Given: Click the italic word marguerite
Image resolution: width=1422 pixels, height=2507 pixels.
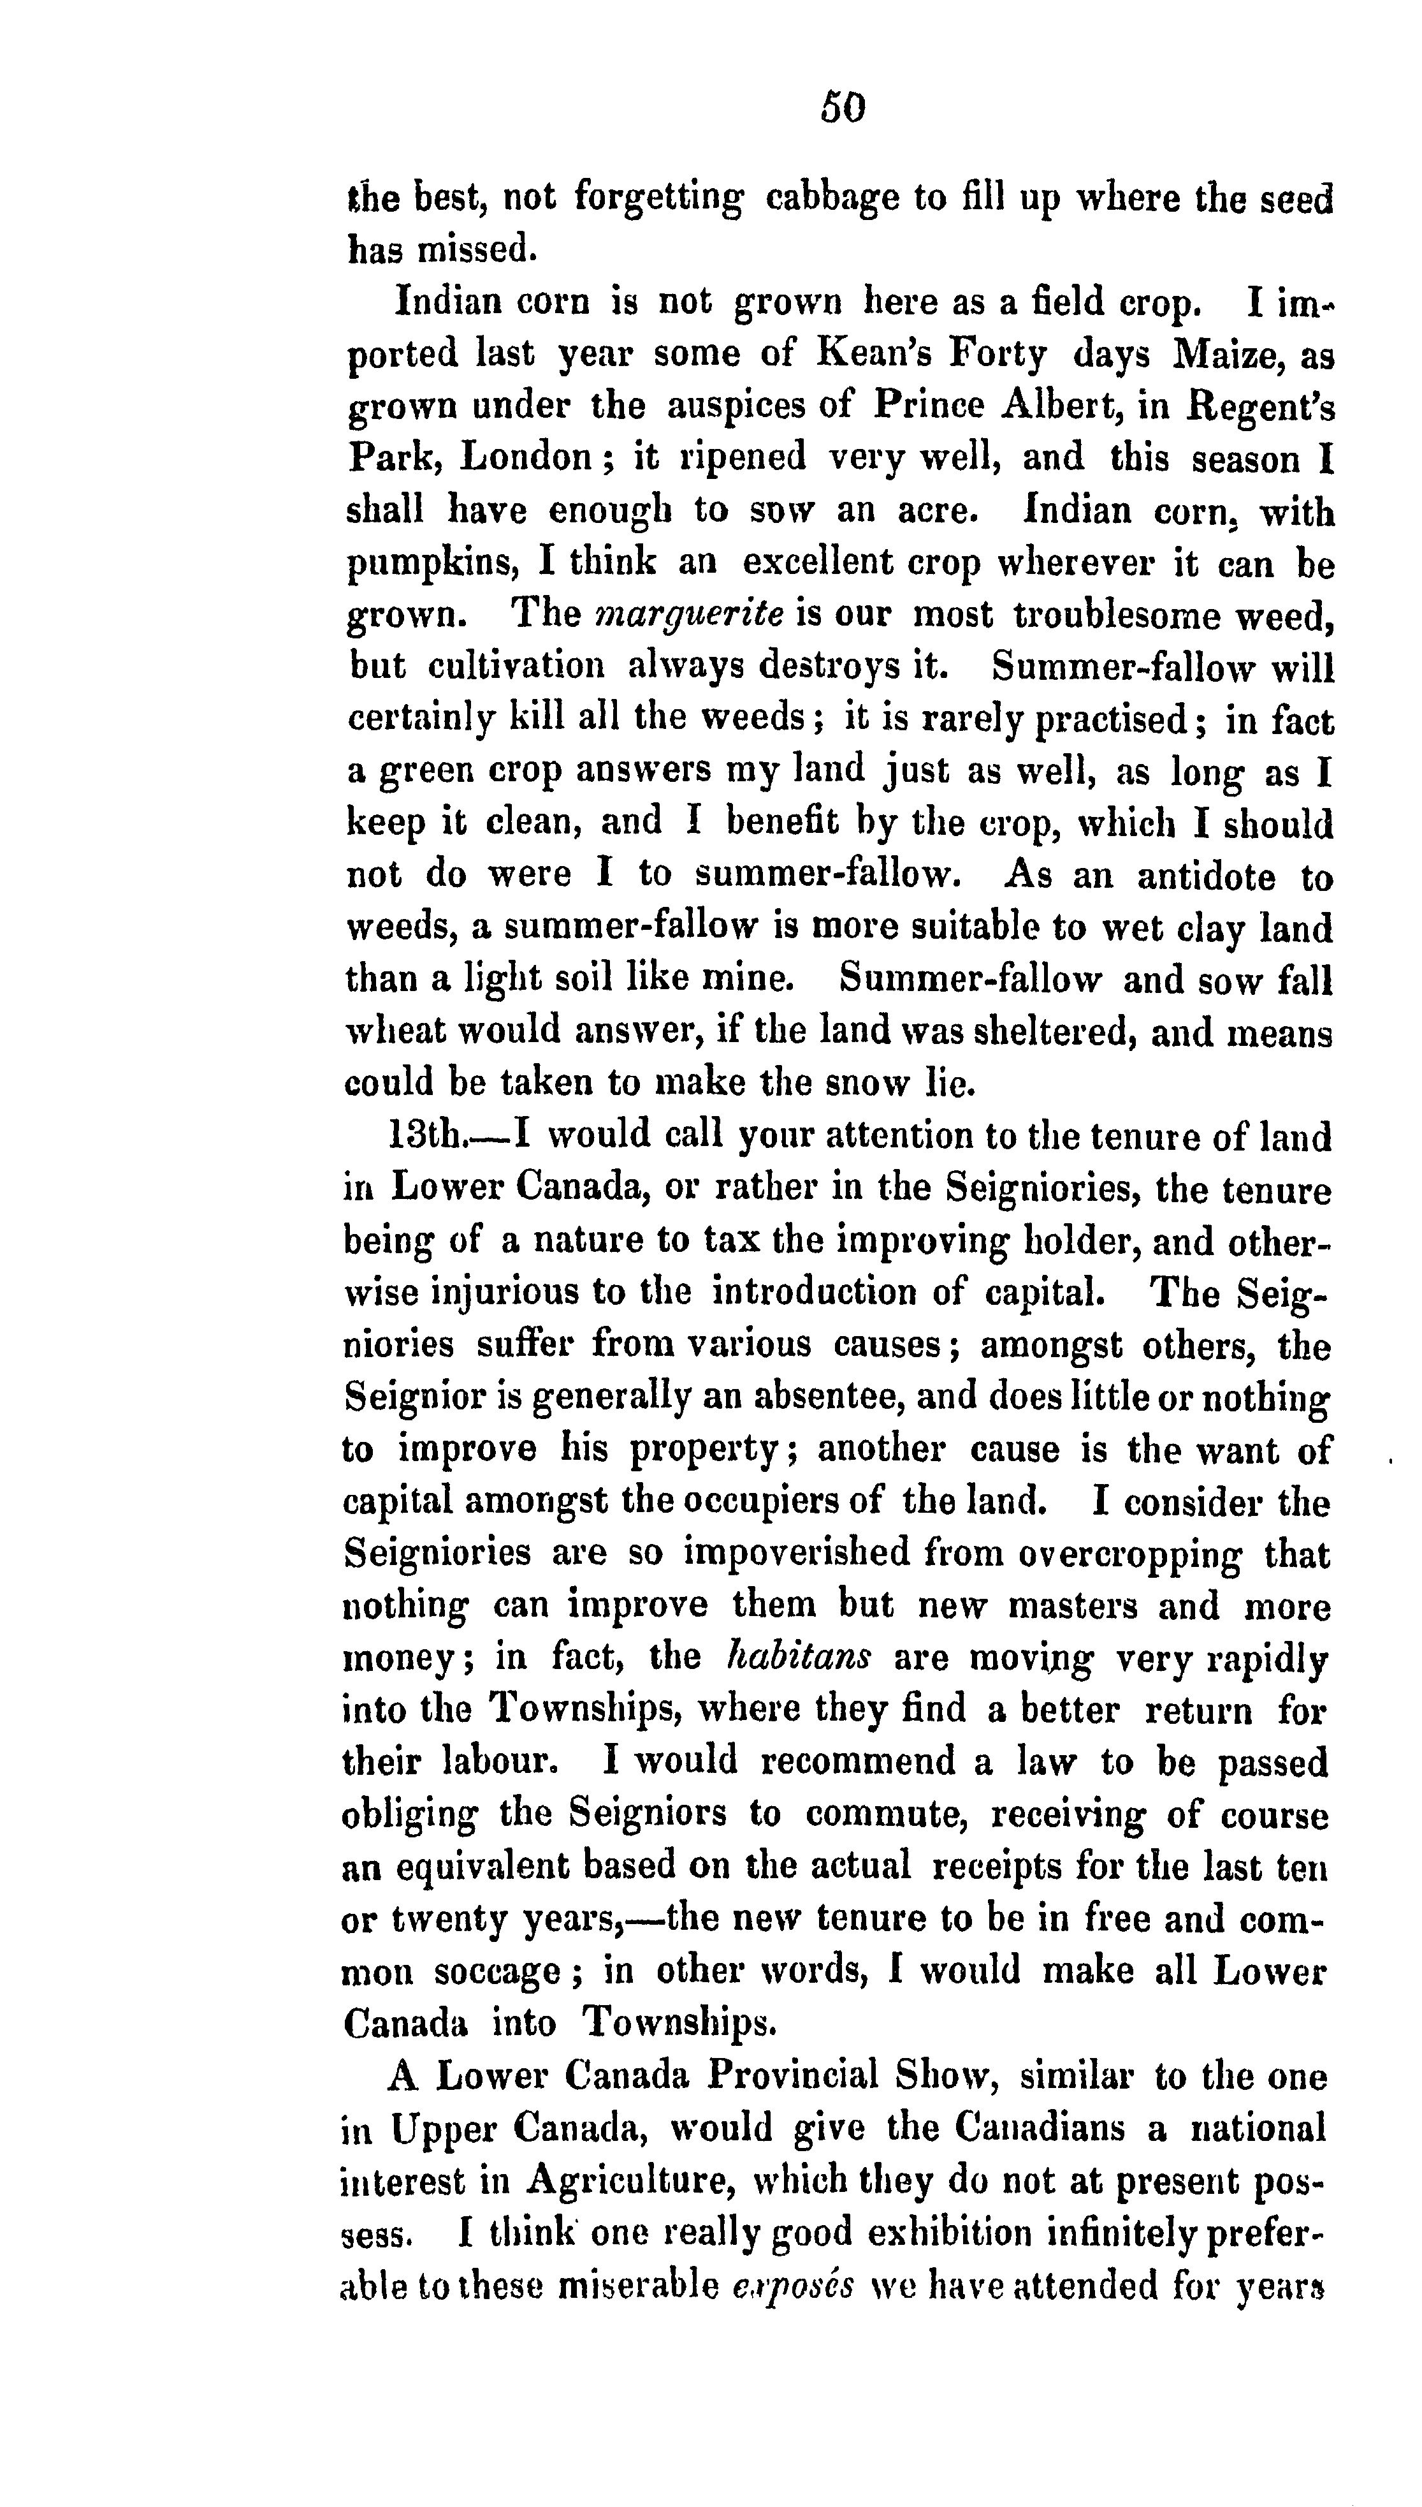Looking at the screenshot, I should (x=688, y=615).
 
